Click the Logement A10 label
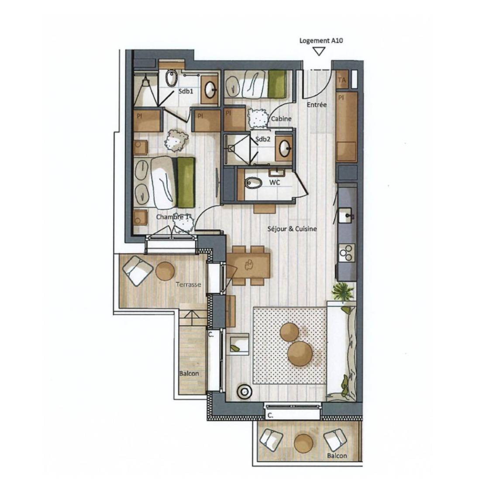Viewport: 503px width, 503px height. point(321,41)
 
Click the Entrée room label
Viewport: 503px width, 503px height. point(317,105)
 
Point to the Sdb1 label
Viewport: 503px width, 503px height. point(186,91)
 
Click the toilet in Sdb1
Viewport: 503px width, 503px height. point(172,78)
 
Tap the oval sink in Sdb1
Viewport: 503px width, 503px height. point(210,90)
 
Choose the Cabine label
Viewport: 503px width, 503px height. point(281,119)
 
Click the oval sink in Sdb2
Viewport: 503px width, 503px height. point(285,148)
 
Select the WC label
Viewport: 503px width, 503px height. point(275,182)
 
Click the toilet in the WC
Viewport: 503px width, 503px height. point(253,183)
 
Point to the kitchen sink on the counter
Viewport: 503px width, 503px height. point(346,215)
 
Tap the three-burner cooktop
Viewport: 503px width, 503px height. point(347,252)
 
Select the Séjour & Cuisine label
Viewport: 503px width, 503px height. point(292,229)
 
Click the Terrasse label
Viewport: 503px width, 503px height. point(188,285)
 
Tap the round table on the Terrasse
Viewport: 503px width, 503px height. point(165,271)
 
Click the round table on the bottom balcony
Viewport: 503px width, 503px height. point(303,444)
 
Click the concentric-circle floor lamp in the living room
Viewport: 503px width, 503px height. point(245,392)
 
